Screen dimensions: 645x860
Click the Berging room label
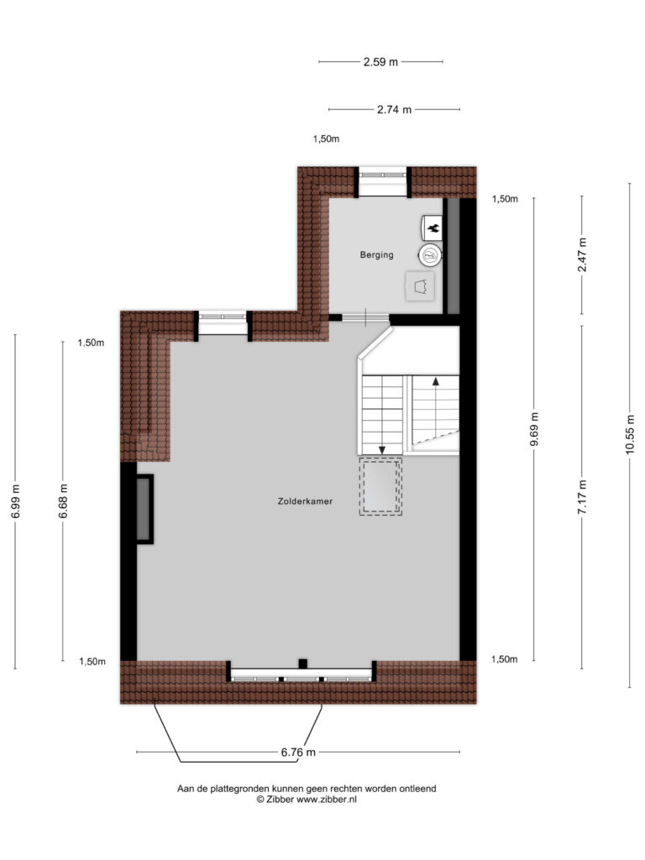point(376,254)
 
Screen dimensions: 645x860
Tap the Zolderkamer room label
point(305,501)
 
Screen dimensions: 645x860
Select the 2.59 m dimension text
point(380,62)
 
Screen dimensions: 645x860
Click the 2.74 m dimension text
point(394,110)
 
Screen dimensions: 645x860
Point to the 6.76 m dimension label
point(298,752)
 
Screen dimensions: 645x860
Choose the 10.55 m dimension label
point(630,434)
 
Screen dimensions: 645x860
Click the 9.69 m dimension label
point(534,429)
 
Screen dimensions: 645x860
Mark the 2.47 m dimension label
point(582,254)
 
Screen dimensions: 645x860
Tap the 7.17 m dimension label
point(582,497)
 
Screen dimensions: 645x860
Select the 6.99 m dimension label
point(15,501)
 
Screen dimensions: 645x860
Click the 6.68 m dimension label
point(63,501)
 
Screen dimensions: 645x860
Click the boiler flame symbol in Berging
point(433,228)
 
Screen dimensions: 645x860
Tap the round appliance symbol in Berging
point(431,255)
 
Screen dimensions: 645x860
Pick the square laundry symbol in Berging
point(420,286)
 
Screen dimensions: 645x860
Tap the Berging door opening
point(365,317)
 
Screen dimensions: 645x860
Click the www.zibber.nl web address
point(327,800)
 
